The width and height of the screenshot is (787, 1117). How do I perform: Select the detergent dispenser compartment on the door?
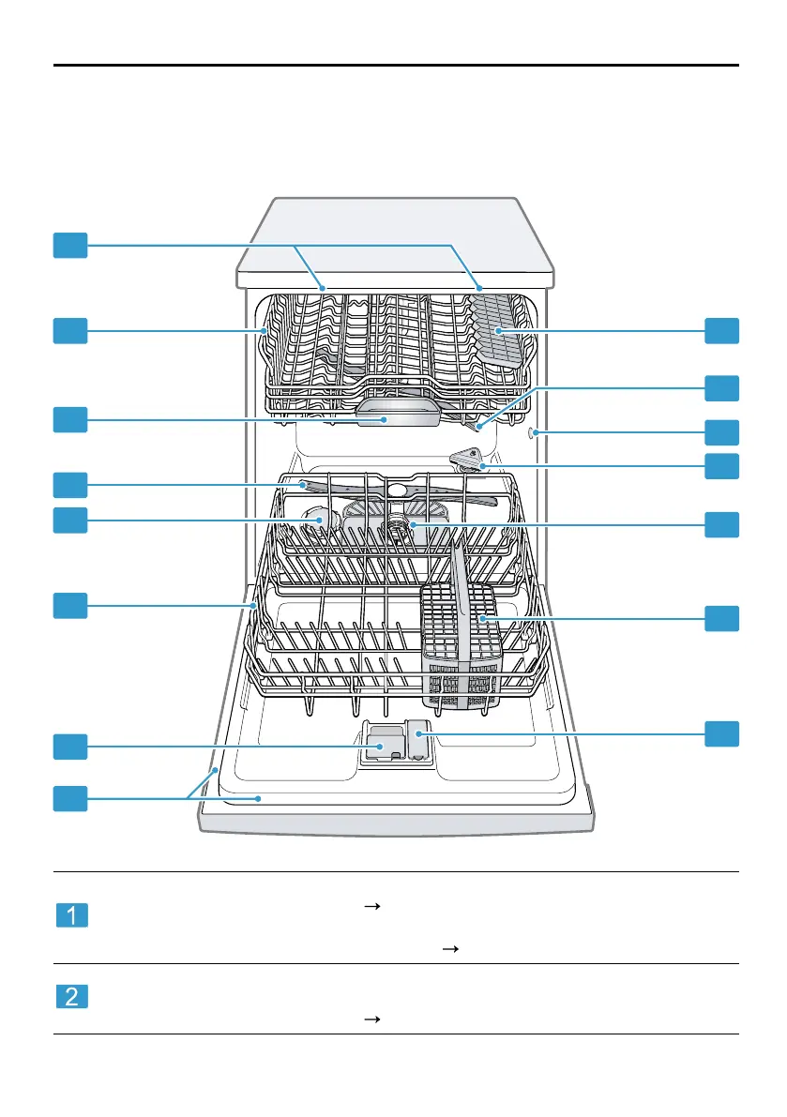382,746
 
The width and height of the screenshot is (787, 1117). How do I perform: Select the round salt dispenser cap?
317,519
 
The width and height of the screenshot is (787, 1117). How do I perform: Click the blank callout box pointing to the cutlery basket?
721,617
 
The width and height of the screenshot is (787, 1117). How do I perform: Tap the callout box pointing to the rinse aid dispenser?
721,732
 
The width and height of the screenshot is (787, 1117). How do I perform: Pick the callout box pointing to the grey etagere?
721,330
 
